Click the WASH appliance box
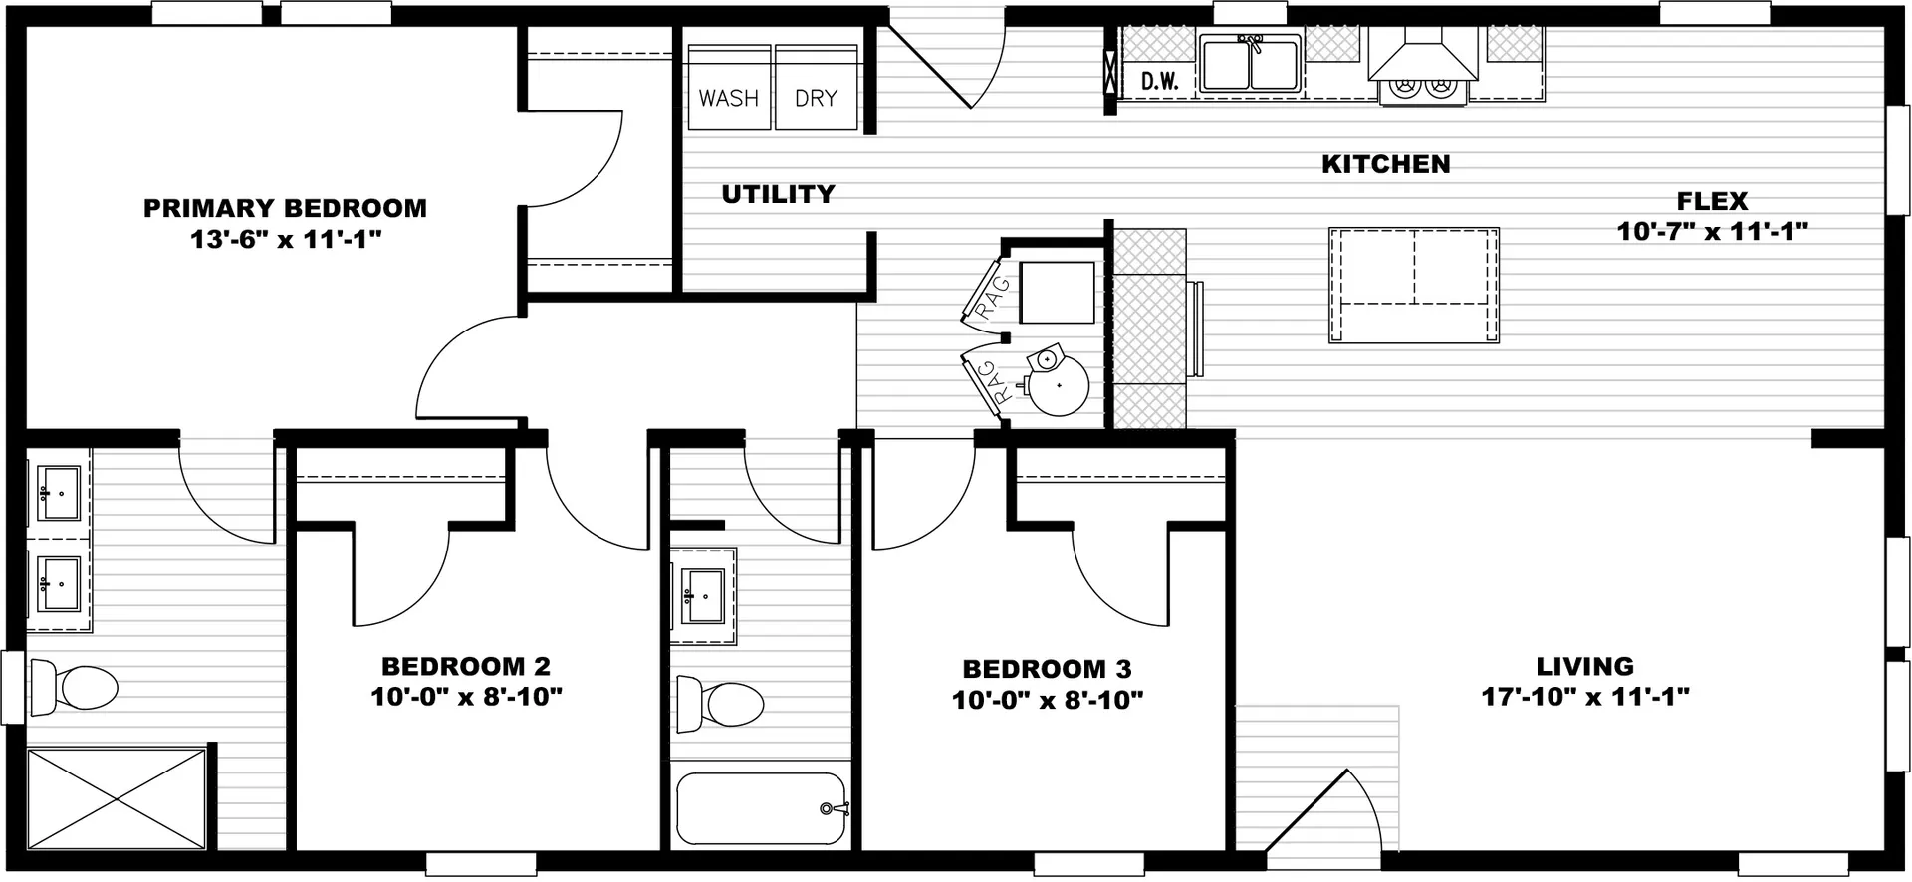click(729, 87)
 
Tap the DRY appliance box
click(817, 87)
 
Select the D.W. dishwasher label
click(1160, 82)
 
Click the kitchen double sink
click(1251, 64)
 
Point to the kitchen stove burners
click(1422, 89)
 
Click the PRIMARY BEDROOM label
click(285, 208)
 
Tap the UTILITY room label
click(778, 194)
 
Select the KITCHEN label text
click(1385, 164)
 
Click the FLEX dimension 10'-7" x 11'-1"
click(1712, 231)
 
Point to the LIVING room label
click(1584, 666)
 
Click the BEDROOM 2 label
click(466, 666)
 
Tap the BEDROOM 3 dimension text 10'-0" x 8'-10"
click(1048, 700)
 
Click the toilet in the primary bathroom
click(73, 687)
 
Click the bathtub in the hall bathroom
click(762, 808)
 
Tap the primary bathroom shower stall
click(117, 799)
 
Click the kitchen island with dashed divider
click(1414, 286)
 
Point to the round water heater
click(1058, 384)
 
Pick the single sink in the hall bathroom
click(703, 595)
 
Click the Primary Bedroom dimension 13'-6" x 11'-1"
click(286, 240)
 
